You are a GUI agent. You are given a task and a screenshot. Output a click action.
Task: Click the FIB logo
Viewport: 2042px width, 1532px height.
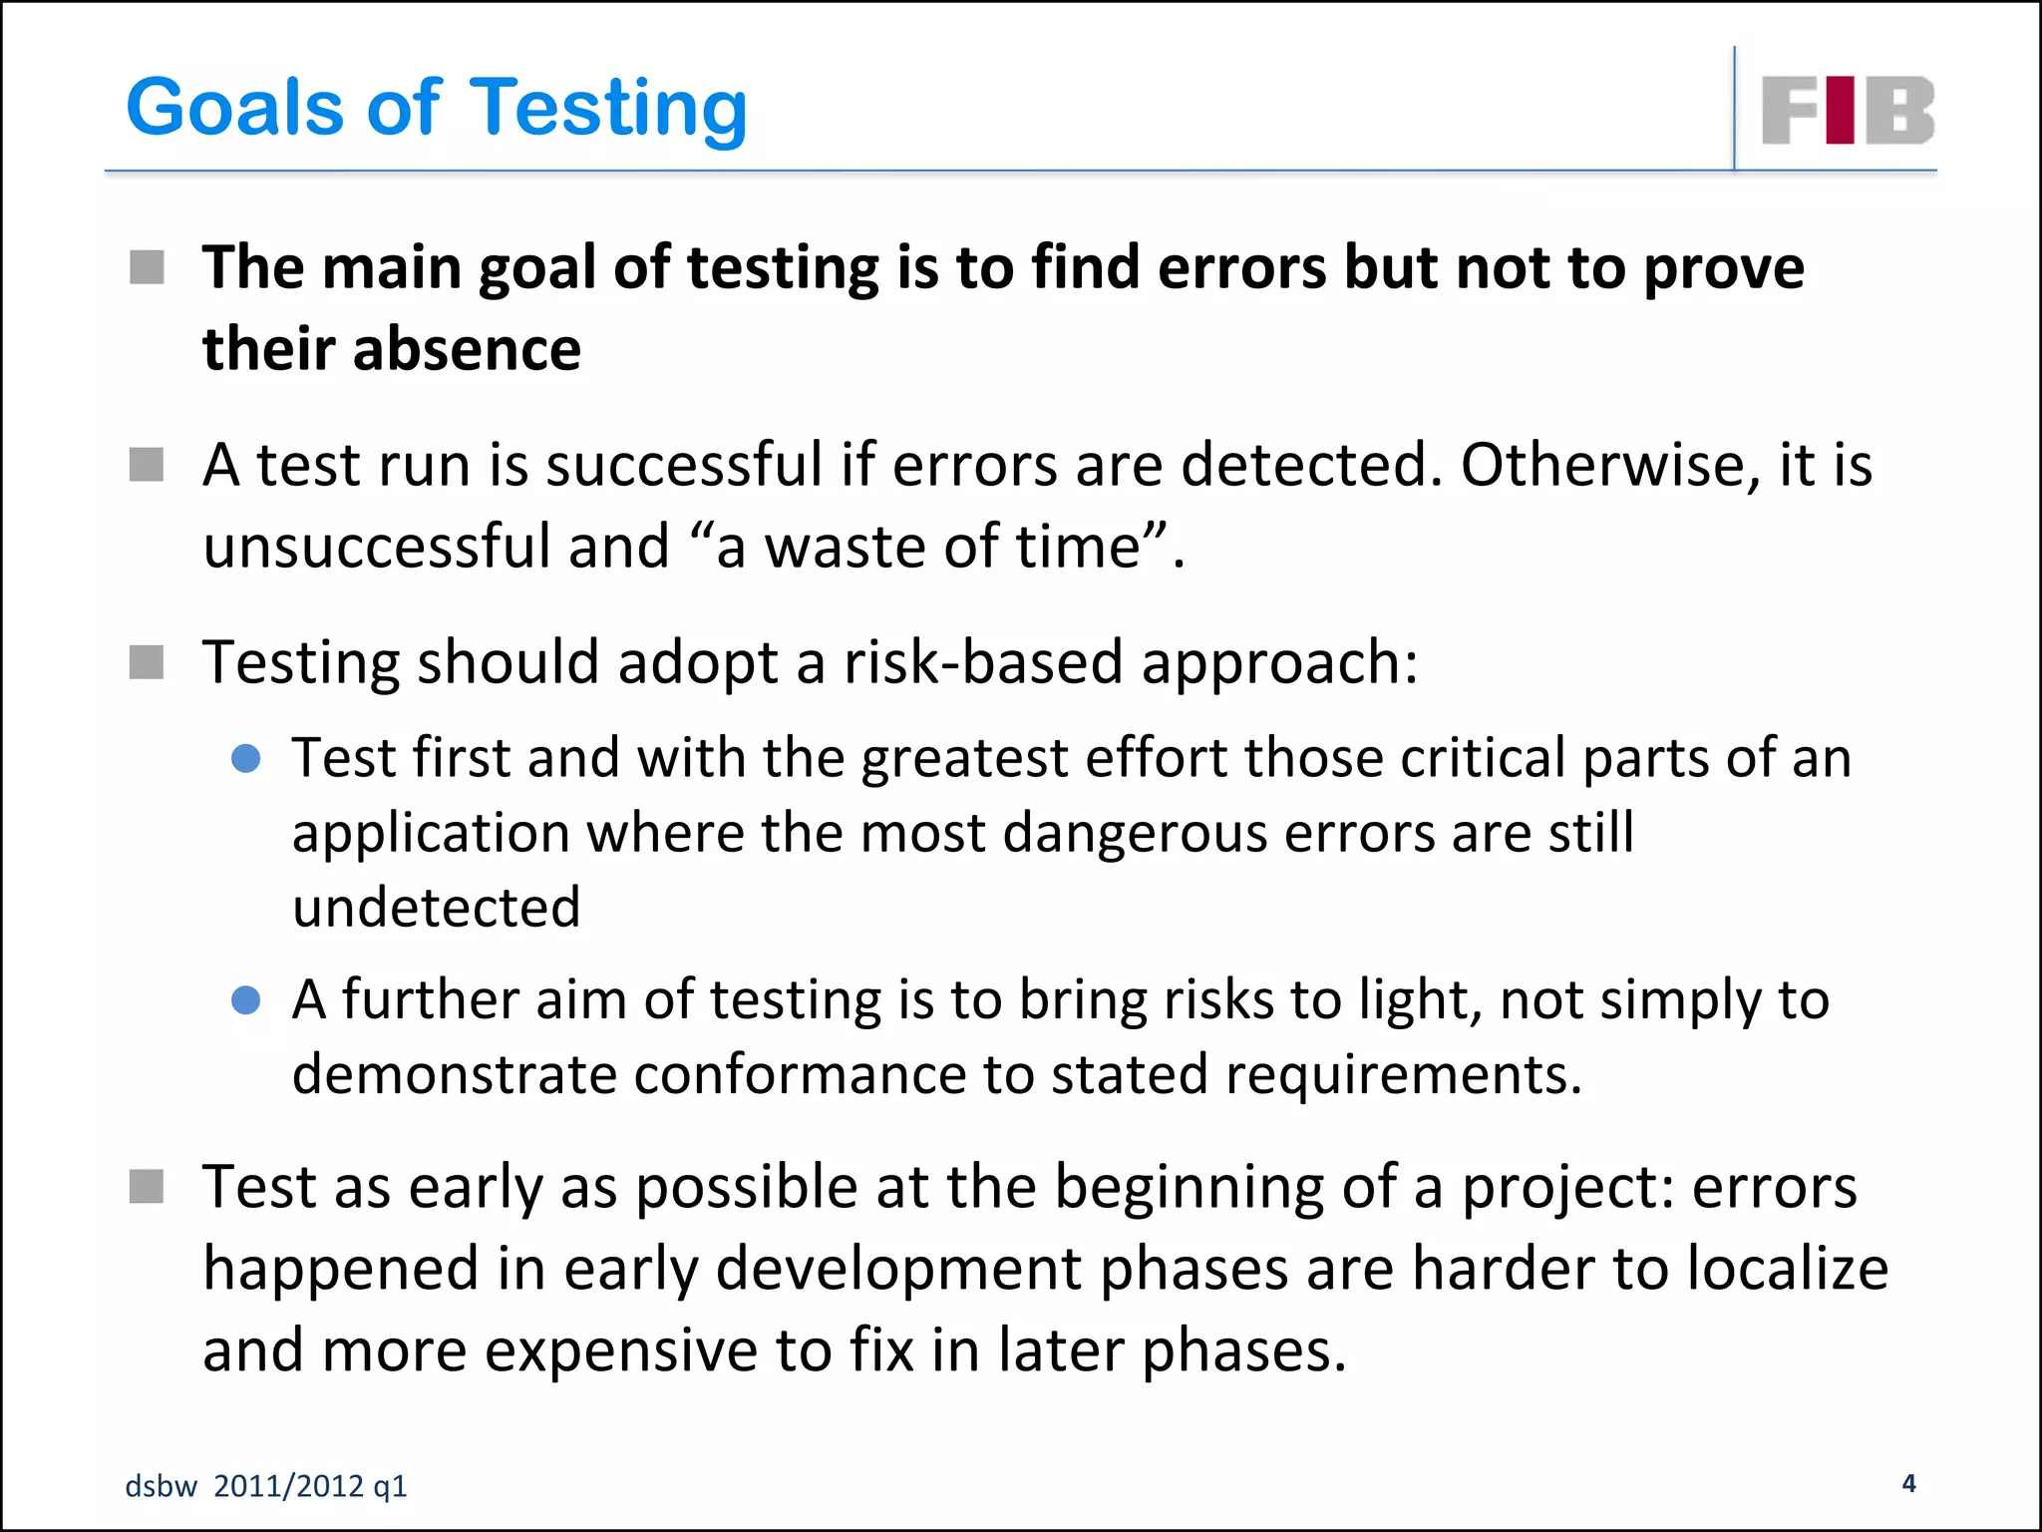pyautogui.click(x=1848, y=110)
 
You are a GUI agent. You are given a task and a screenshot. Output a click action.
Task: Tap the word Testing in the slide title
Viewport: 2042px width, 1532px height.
pyautogui.click(x=607, y=110)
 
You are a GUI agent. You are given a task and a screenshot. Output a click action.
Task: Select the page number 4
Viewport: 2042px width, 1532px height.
pyautogui.click(x=1908, y=1483)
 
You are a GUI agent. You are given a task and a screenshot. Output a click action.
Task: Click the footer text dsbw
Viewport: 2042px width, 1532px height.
pyautogui.click(x=161, y=1486)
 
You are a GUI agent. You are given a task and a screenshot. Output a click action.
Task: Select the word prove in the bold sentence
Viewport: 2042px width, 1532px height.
pyautogui.click(x=1724, y=269)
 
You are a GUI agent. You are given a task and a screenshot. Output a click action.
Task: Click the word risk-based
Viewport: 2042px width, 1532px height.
pyautogui.click(x=983, y=662)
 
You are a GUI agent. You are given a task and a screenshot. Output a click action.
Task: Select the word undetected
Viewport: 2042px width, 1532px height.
pyautogui.click(x=437, y=907)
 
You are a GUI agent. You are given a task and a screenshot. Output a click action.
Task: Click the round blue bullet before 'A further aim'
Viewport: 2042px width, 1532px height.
pyautogui.click(x=245, y=1000)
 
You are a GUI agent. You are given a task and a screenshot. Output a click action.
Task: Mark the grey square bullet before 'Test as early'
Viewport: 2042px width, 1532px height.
pyautogui.click(x=147, y=1187)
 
